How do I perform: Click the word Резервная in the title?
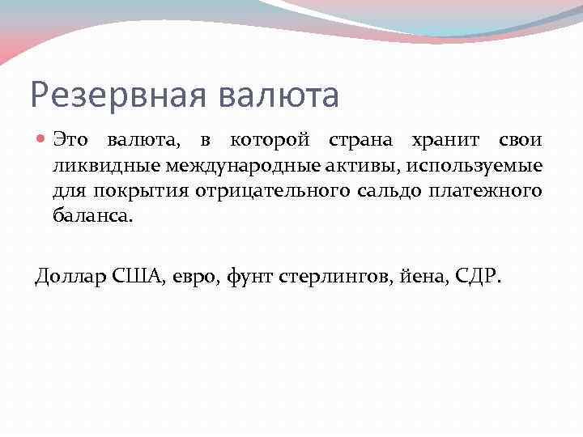pos(110,95)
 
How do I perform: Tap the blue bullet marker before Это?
pos(42,141)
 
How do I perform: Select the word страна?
pos(360,140)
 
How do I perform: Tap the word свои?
pos(521,140)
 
